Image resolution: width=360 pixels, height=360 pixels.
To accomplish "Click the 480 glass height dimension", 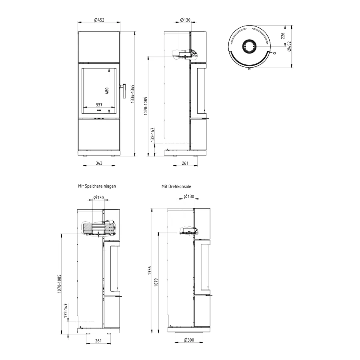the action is (107, 91).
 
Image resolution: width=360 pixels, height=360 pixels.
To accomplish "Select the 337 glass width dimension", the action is (99, 105).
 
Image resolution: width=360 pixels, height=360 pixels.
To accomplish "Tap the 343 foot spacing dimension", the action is (99, 163).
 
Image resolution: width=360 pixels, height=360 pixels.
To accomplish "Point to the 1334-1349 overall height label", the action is (132, 94).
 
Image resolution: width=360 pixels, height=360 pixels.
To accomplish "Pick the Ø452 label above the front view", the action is (99, 20).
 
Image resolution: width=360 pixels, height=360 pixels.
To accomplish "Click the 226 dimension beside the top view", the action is (283, 36).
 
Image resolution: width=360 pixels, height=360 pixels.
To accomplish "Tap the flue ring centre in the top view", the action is (249, 46).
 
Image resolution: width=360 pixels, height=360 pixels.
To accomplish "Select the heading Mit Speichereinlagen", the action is (97, 186).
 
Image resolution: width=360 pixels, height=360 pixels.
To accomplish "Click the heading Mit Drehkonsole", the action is (176, 186).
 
